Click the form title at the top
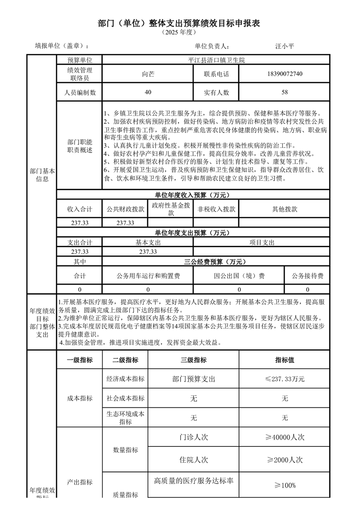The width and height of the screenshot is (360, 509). click(179, 24)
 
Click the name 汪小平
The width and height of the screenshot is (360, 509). click(285, 46)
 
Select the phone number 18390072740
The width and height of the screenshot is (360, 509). click(285, 74)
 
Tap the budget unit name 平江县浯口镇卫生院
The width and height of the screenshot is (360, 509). click(216, 60)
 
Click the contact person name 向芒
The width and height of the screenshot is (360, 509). click(148, 74)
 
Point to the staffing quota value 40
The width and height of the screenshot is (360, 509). click(148, 92)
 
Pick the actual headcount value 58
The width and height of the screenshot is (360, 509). click(285, 92)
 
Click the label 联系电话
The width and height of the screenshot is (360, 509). click(217, 74)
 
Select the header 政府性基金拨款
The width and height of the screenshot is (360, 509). click(171, 209)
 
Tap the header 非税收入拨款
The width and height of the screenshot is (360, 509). click(216, 209)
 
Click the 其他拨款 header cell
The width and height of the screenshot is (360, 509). click(284, 209)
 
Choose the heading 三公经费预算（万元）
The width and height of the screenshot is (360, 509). click(216, 262)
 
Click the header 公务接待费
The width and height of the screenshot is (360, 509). click(307, 275)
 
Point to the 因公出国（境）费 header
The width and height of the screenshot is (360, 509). click(239, 275)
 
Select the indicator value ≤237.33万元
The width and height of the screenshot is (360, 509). click(285, 379)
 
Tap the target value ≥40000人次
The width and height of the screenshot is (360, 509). click(285, 437)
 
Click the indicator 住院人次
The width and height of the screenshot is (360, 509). click(193, 460)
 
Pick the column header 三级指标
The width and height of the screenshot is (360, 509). click(193, 360)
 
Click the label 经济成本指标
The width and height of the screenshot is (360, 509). click(125, 379)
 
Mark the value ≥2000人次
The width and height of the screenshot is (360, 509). click(285, 460)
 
